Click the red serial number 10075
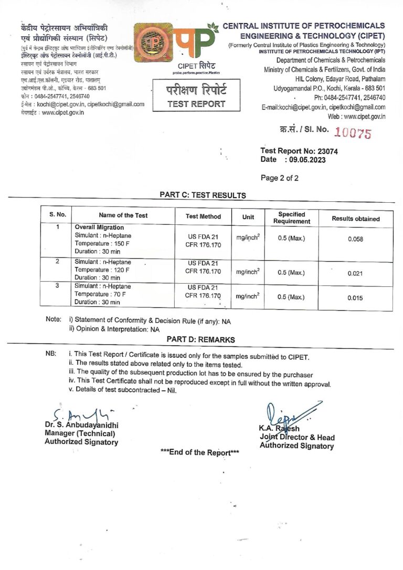pyautogui.click(x=353, y=133)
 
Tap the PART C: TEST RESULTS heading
pyautogui.click(x=203, y=195)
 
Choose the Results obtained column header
pyautogui.click(x=355, y=219)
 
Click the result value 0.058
pyautogui.click(x=355, y=239)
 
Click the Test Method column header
pyautogui.click(x=203, y=216)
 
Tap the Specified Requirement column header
pyautogui.click(x=291, y=218)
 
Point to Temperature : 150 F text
pyautogui.click(x=102, y=243)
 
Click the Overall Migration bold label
pyautogui.click(x=99, y=227)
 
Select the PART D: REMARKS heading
pyautogui.click(x=200, y=340)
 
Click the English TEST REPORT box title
pyautogui.click(x=196, y=104)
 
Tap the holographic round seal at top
pyautogui.click(x=153, y=44)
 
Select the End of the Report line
pyautogui.click(x=199, y=452)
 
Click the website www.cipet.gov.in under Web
pyautogui.click(x=364, y=116)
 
